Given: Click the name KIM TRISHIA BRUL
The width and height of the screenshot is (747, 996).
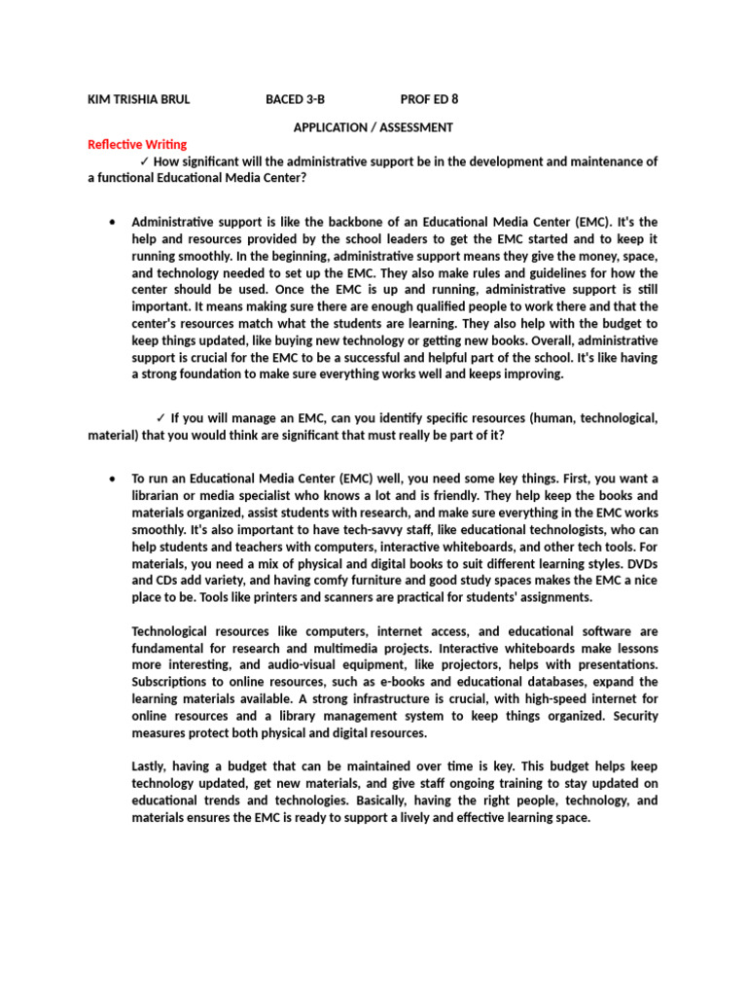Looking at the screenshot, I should (x=139, y=99).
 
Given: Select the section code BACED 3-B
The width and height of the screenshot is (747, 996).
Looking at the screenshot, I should (x=296, y=99).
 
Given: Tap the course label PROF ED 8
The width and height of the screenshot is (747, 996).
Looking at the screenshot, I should (x=429, y=99).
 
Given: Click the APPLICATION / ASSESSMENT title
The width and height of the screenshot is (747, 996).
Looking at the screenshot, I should (x=373, y=127).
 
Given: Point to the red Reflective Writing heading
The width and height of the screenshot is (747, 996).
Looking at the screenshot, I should (x=137, y=145).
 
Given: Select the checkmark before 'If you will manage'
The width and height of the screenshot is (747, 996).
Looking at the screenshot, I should (x=160, y=419).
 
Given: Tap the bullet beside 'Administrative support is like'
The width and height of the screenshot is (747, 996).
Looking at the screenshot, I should (x=114, y=222).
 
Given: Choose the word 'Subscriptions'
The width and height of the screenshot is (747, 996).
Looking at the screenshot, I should (x=172, y=682).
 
